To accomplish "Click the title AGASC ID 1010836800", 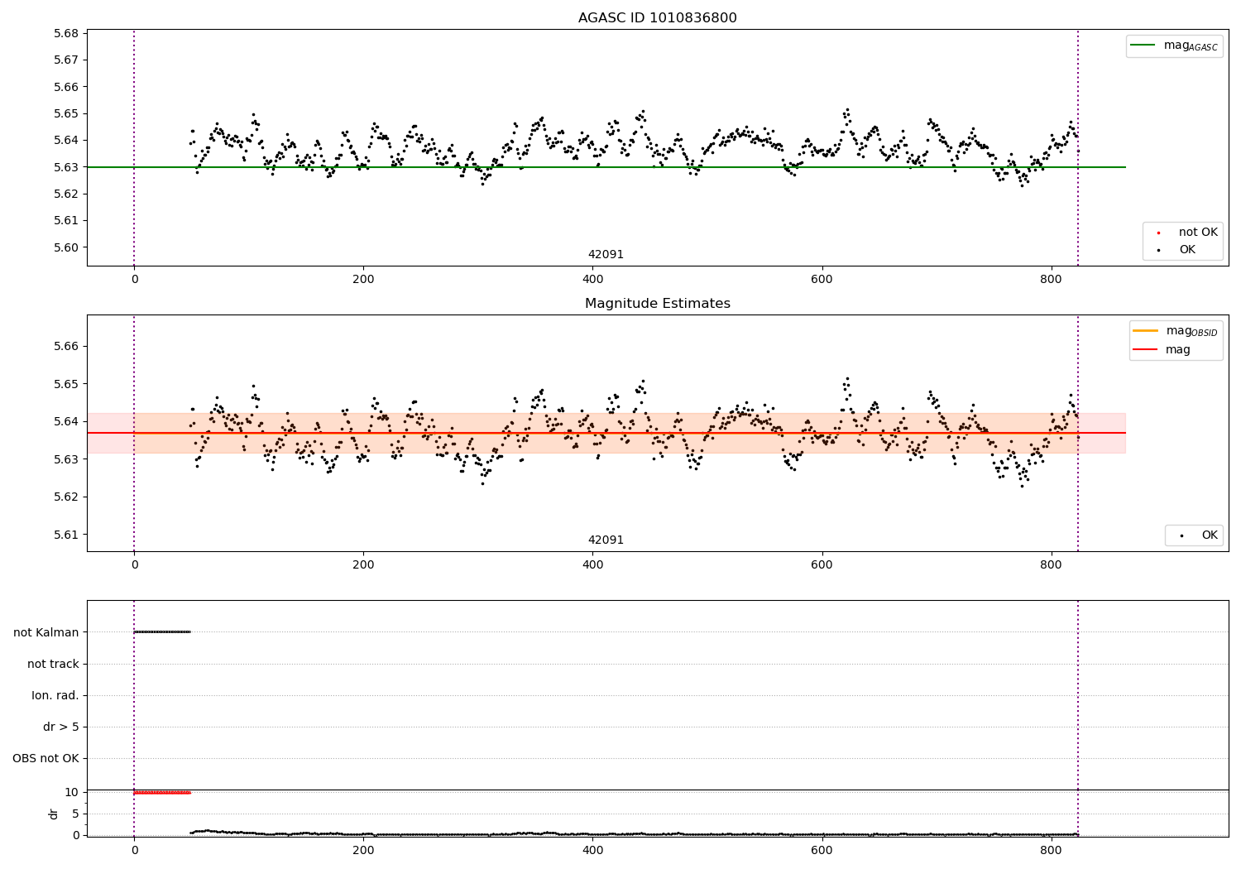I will (x=657, y=18).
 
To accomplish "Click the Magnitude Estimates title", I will (x=657, y=304).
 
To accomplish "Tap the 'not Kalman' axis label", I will (x=46, y=633).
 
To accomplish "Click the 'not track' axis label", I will (x=53, y=665).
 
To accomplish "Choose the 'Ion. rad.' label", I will (x=55, y=696).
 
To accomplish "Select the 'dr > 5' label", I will (x=61, y=727).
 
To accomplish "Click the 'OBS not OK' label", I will (x=46, y=759).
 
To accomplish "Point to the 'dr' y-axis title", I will (x=54, y=814).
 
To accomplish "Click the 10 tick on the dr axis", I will (x=71, y=792).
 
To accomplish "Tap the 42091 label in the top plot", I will (x=606, y=255).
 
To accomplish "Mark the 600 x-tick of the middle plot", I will (x=822, y=565).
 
